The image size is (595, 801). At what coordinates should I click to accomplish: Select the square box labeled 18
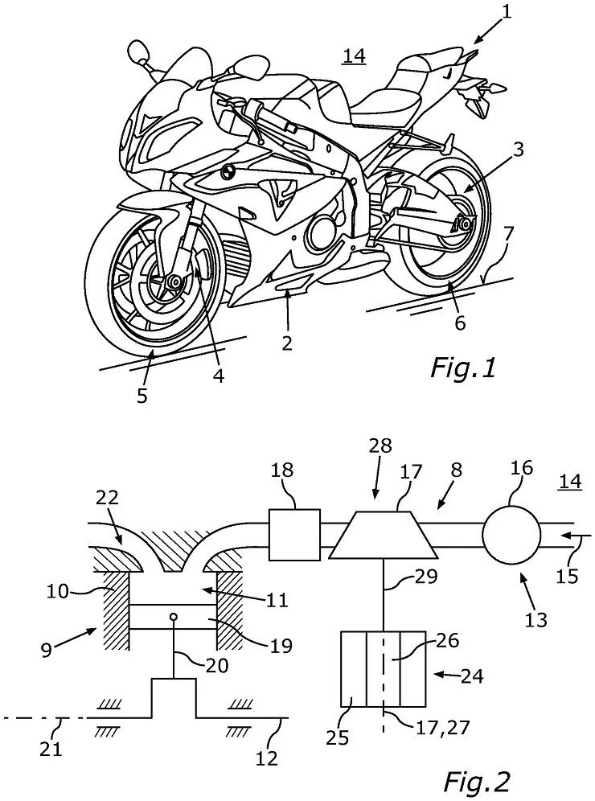click(x=294, y=535)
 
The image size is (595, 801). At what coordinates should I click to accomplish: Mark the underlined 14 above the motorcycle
click(x=353, y=56)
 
